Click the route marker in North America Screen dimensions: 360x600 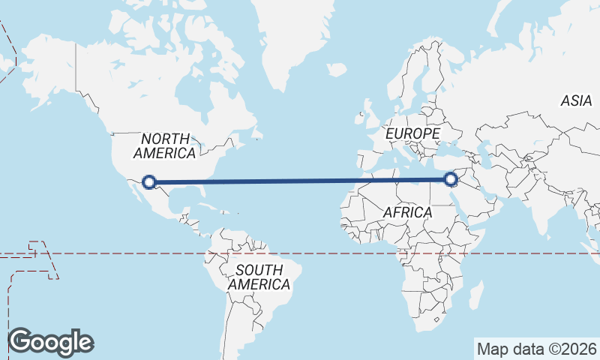click(x=149, y=181)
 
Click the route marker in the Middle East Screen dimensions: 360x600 click(x=451, y=179)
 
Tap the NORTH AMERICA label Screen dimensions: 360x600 click(x=164, y=145)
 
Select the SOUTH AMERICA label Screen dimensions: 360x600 click(x=259, y=277)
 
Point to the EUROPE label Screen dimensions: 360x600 click(x=412, y=133)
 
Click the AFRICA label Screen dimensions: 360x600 click(x=407, y=212)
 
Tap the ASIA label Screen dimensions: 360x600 click(x=576, y=100)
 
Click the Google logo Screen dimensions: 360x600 click(x=50, y=342)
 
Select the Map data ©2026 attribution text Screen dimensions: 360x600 click(x=536, y=349)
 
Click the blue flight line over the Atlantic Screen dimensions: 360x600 click(x=300, y=181)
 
